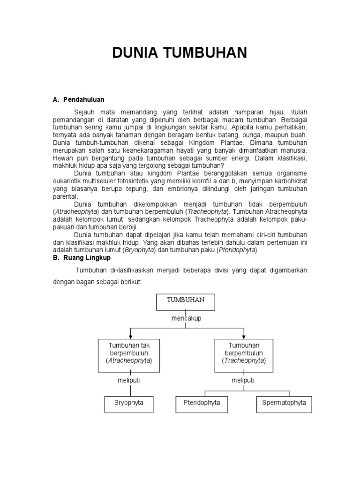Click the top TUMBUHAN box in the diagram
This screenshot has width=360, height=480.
click(185, 302)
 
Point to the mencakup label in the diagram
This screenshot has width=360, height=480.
click(186, 318)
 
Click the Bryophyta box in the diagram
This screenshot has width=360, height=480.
click(129, 403)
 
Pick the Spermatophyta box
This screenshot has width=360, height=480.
click(284, 403)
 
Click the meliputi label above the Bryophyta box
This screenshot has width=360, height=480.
click(129, 381)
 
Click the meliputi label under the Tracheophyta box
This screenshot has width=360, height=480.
click(243, 381)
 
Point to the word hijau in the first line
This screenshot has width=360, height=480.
click(275, 112)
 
